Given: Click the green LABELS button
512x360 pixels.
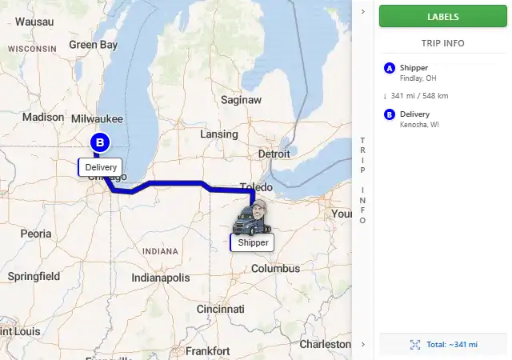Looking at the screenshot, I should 442,16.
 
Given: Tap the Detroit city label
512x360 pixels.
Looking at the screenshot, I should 274,153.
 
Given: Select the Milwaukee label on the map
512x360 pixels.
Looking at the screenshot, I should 97,118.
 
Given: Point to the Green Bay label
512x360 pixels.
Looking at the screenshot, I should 93,45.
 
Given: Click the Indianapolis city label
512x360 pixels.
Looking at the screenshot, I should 161,278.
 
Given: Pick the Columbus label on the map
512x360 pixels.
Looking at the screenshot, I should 275,268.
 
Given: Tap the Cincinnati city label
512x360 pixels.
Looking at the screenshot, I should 220,309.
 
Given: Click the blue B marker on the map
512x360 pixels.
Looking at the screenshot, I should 100,143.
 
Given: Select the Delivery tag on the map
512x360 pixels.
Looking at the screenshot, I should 101,168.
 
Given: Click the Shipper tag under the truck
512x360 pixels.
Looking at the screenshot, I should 253,242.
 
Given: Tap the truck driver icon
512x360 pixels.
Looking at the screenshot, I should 252,218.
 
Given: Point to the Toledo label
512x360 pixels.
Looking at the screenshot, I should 256,187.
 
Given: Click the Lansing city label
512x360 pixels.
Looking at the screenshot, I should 218,134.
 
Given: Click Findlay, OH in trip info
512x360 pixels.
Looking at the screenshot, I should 418,78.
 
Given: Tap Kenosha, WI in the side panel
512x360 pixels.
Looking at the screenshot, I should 419,125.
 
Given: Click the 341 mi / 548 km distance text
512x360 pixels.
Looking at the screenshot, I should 419,96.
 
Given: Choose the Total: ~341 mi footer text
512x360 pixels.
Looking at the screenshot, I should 451,344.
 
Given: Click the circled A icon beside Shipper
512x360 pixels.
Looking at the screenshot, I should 390,68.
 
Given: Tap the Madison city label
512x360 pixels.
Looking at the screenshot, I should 43,117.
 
